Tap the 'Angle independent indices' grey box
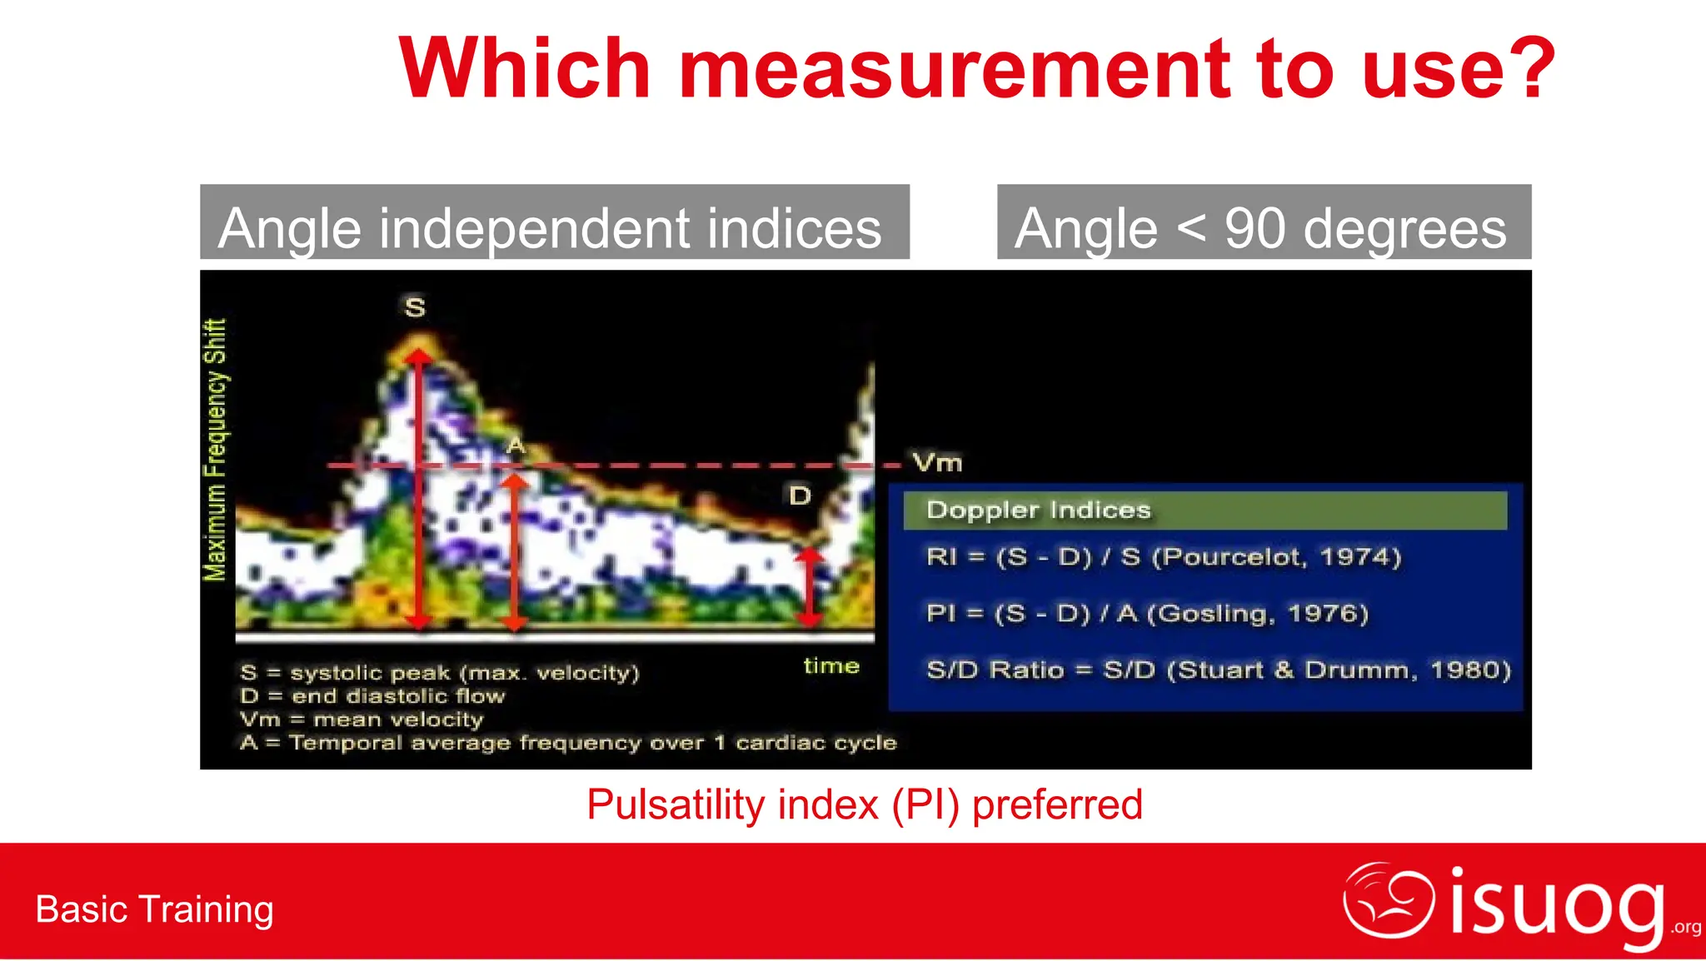pyautogui.click(x=554, y=222)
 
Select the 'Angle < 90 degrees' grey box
pyautogui.click(x=1264, y=222)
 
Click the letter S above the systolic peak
pyautogui.click(x=415, y=307)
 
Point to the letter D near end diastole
pyautogui.click(x=800, y=496)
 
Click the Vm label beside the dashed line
pyautogui.click(x=937, y=462)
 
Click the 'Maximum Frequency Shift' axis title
pyautogui.click(x=215, y=450)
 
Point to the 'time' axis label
pyautogui.click(x=831, y=666)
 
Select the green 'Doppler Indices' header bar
pyautogui.click(x=1205, y=510)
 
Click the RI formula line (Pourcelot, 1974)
pyautogui.click(x=1163, y=557)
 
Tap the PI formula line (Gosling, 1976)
pyautogui.click(x=1146, y=614)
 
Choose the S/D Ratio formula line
pyautogui.click(x=1218, y=670)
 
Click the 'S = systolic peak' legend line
pyautogui.click(x=439, y=673)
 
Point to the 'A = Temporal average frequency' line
pyautogui.click(x=567, y=743)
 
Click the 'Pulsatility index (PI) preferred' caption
pyautogui.click(x=864, y=805)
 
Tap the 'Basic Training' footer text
pyautogui.click(x=155, y=909)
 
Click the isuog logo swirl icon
pyautogui.click(x=1389, y=899)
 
